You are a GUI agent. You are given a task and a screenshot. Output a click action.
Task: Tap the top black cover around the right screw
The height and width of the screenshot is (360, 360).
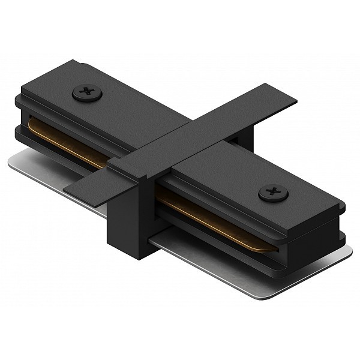point(252,180)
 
